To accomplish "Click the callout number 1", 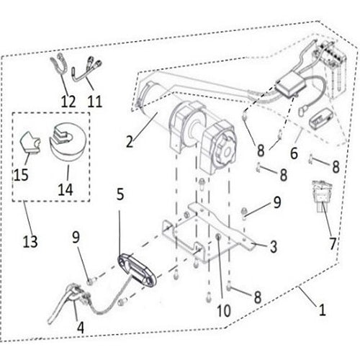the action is [x=322, y=310].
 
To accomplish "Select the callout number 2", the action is [x=130, y=142].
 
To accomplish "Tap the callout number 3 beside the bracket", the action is [x=274, y=246].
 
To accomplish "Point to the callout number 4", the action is [x=81, y=328].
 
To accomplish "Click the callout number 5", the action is [x=120, y=194].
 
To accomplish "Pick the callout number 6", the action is [x=294, y=153].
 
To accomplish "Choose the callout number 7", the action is [x=333, y=243].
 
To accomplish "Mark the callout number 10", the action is [x=224, y=310].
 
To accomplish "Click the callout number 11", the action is [x=95, y=101].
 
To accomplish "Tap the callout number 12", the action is [x=68, y=101].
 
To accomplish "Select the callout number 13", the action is [x=30, y=241].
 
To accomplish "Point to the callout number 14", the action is [x=66, y=189].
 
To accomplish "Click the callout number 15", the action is [x=21, y=174].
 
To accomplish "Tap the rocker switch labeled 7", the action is [x=322, y=197].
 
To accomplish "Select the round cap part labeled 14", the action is [x=68, y=142].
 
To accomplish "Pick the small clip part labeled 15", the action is [x=30, y=143].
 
